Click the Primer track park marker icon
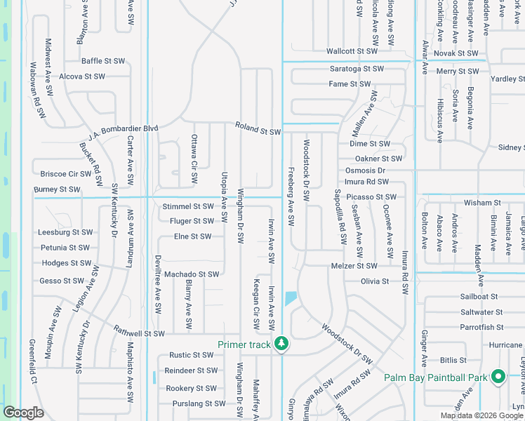point(281,344)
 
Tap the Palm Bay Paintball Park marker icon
point(498,377)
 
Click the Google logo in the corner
point(23,413)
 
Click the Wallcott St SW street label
point(352,51)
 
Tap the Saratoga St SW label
point(357,69)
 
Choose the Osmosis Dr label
point(366,171)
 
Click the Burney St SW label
point(57,189)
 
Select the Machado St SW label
point(192,274)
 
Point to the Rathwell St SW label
point(139,333)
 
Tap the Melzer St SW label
point(354,266)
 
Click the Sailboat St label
point(479,297)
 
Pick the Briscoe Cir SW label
point(66,173)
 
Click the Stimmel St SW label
point(187,206)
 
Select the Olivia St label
point(375,281)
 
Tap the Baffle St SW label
point(103,61)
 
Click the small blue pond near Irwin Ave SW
point(291,298)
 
